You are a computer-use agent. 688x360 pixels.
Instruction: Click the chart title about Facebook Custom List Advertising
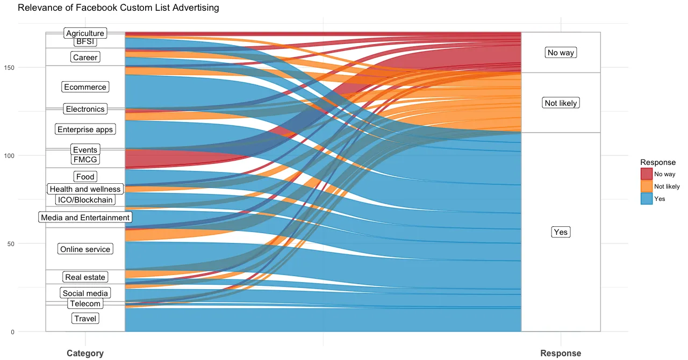[x=118, y=8]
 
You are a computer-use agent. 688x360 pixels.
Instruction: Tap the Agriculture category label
[x=85, y=33]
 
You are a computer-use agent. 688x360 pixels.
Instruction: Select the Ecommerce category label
[x=85, y=87]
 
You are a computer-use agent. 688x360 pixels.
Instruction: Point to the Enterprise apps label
[x=85, y=129]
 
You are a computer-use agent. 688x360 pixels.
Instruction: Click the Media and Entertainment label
[x=85, y=218]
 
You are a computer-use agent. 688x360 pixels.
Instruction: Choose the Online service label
[x=85, y=249]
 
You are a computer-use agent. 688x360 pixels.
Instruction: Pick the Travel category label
[x=85, y=319]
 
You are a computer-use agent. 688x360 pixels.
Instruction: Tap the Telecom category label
[x=85, y=304]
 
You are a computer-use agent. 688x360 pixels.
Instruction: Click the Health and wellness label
[x=85, y=189]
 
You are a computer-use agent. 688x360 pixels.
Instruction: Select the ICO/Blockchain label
[x=85, y=200]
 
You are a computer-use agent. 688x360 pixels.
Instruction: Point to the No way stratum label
[x=560, y=53]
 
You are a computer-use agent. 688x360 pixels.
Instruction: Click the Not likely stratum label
[x=560, y=103]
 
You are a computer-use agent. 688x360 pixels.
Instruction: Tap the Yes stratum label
[x=560, y=232]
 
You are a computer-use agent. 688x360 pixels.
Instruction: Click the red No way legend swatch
[x=647, y=174]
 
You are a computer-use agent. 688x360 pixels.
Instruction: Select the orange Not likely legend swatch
[x=647, y=186]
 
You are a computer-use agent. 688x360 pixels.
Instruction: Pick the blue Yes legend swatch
[x=647, y=199]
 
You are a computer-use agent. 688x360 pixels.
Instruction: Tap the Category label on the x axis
[x=85, y=353]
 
